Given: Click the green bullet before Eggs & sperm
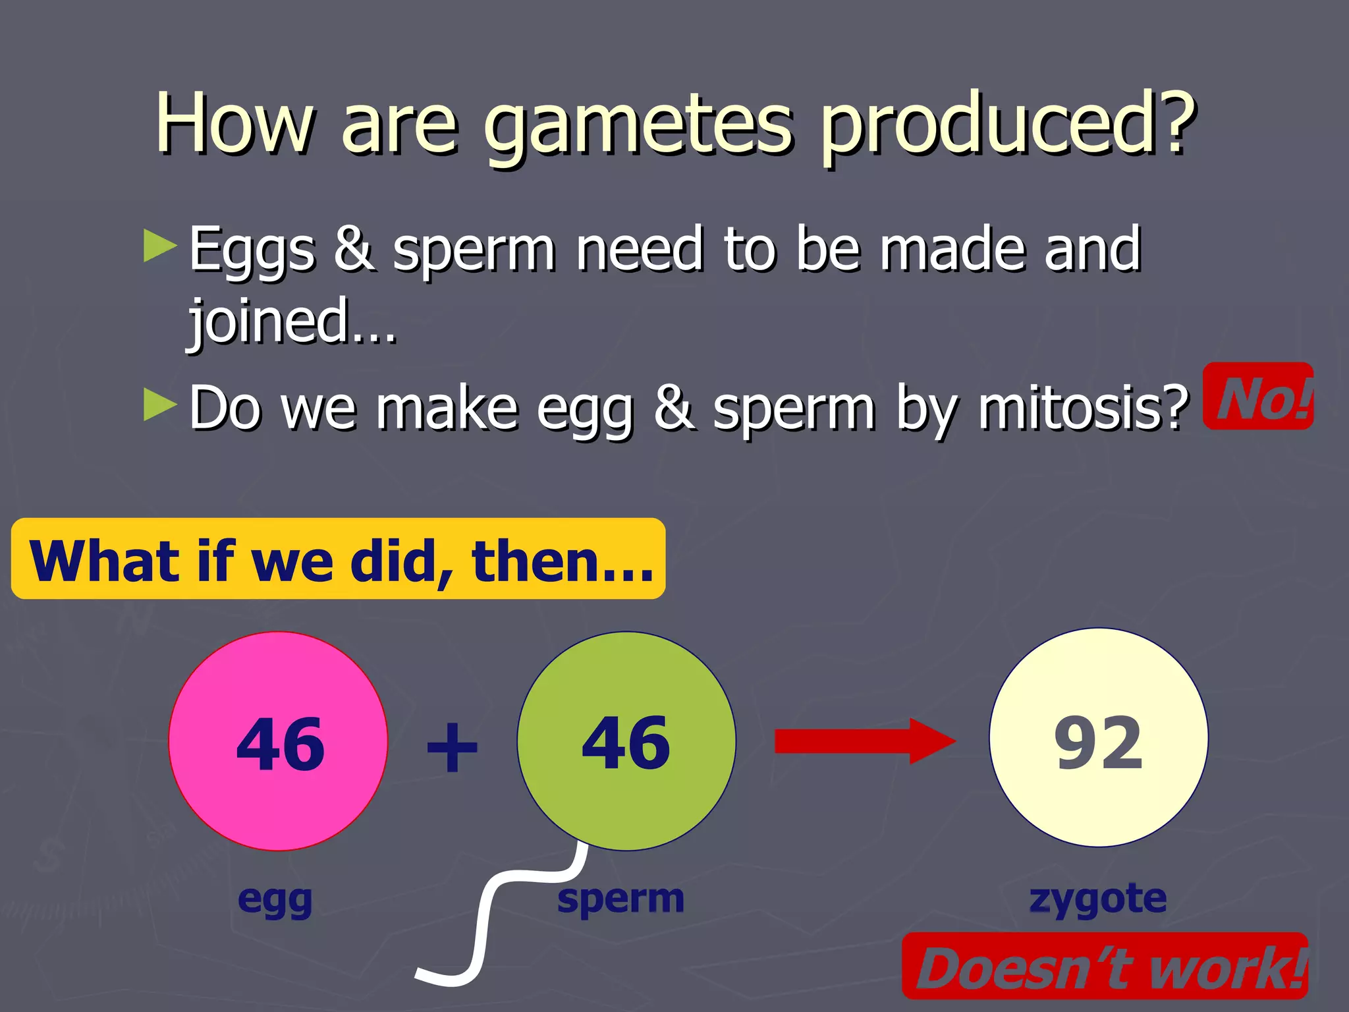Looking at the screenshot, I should pos(160,246).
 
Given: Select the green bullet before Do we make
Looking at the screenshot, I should pos(160,405).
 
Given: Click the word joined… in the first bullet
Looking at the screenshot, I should pos(292,322).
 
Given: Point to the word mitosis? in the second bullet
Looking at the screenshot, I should pos(1083,408).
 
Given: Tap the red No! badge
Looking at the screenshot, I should pos(1258,397).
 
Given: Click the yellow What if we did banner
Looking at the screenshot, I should pos(339,559).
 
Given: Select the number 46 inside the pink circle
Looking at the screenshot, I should pos(280,745).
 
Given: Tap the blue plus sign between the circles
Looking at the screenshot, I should pos(452,747).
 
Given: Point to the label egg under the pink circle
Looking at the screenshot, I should pos(275,900).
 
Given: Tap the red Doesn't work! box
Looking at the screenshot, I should pos(1105,967).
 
